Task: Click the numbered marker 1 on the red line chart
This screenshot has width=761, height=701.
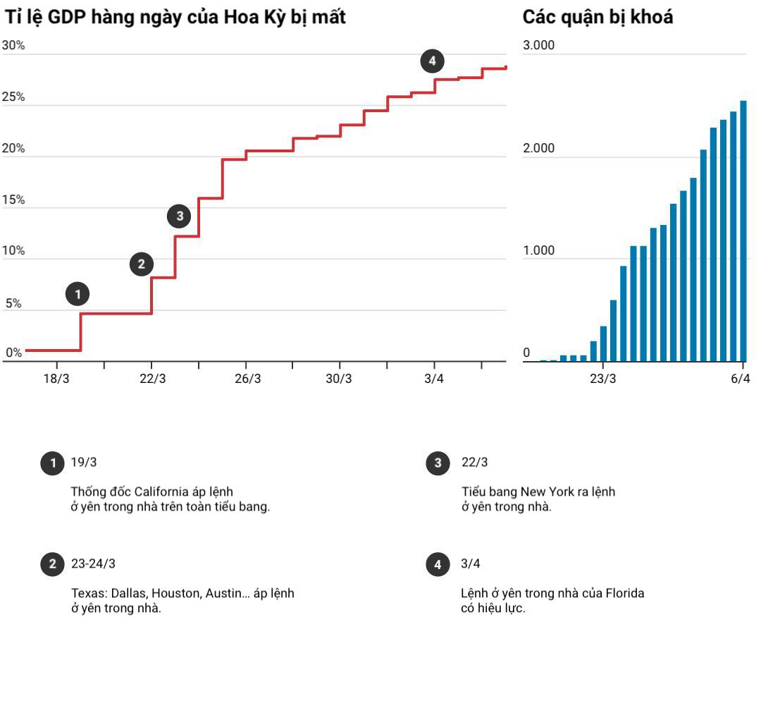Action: tap(78, 294)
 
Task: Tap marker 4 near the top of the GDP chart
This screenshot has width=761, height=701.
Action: tap(432, 61)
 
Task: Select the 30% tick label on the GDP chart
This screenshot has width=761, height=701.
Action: tap(13, 45)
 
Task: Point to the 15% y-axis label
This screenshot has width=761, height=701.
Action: tap(13, 200)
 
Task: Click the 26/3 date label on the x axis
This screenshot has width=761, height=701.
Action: tap(247, 379)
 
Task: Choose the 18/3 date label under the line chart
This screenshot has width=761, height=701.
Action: tap(56, 379)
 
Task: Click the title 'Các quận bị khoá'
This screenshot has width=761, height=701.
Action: tap(598, 18)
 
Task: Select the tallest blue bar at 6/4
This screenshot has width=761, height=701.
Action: tap(743, 231)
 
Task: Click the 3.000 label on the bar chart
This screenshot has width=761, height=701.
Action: tap(538, 45)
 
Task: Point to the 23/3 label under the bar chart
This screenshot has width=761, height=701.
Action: tap(602, 379)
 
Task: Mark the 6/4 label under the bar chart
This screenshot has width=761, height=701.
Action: tap(740, 379)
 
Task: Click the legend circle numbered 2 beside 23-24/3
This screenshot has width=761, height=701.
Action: tap(52, 564)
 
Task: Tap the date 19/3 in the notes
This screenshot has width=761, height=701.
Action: tap(83, 462)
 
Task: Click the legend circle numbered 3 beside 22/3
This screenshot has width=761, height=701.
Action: tap(438, 463)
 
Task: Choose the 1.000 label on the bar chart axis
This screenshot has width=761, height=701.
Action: tap(538, 250)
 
